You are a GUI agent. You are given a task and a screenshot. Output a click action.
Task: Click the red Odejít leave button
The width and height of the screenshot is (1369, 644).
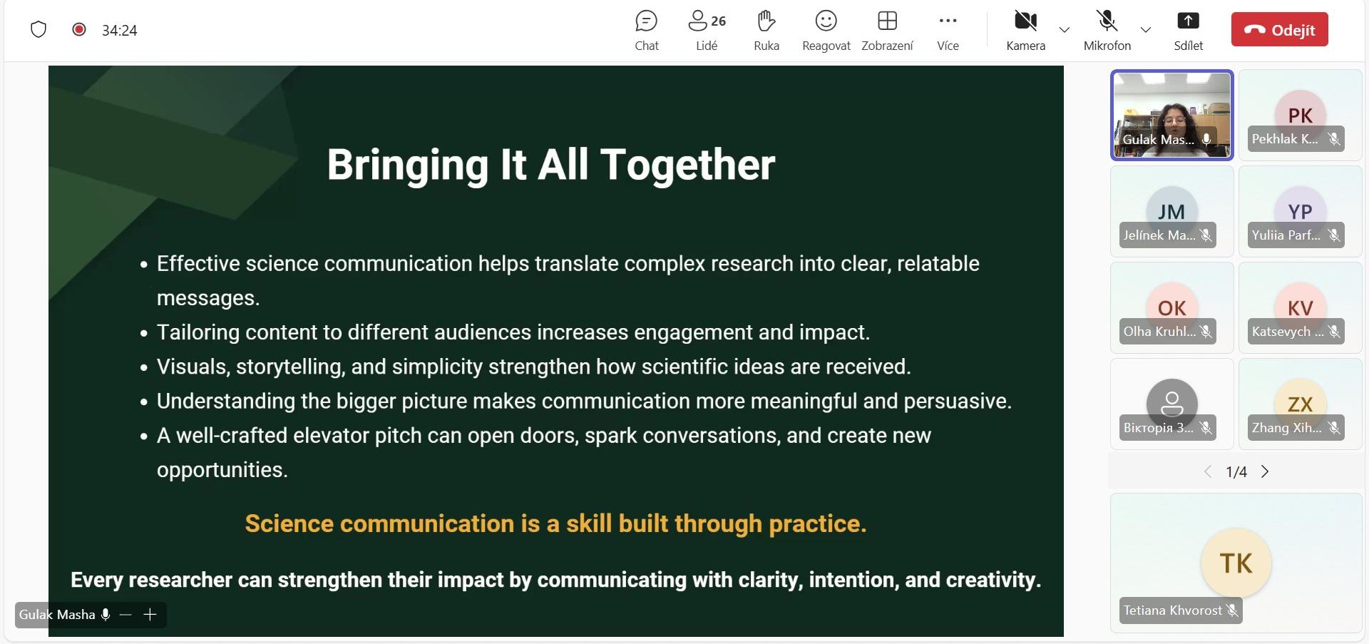click(x=1279, y=29)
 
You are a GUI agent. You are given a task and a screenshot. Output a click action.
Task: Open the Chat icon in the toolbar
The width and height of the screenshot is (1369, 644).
click(x=646, y=21)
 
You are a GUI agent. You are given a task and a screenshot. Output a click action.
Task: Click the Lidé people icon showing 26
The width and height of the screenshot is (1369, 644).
click(x=707, y=21)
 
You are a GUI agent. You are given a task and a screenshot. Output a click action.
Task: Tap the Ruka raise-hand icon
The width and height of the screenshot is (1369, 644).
click(x=766, y=21)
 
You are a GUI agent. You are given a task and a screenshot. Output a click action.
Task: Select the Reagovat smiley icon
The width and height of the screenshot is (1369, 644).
click(x=826, y=21)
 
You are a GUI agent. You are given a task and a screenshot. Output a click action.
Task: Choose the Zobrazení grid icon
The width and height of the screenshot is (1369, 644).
click(x=887, y=21)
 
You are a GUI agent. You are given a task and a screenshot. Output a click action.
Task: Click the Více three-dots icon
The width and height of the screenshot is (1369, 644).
click(x=948, y=21)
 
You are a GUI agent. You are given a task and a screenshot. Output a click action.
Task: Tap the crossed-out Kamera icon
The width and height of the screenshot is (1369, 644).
click(x=1025, y=21)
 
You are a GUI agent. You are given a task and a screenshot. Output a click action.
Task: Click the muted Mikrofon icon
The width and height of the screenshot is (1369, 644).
click(x=1107, y=21)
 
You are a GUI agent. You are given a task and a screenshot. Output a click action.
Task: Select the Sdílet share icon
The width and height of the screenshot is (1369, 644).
click(x=1188, y=21)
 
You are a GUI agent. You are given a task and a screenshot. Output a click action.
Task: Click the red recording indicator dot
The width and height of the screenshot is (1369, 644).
click(x=79, y=29)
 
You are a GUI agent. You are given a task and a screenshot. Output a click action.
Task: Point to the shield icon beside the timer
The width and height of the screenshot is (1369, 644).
click(x=39, y=29)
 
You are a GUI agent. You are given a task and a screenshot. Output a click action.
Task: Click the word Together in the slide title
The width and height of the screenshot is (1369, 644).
click(x=687, y=165)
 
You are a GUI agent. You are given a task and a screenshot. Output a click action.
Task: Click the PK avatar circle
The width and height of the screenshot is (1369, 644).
click(x=1300, y=115)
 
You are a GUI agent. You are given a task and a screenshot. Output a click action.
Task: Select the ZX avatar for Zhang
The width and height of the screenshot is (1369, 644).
click(x=1300, y=404)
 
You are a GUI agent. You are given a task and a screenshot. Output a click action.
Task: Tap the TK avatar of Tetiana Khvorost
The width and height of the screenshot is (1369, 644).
click(x=1236, y=563)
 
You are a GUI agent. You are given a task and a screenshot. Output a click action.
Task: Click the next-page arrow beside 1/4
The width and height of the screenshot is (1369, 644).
click(x=1265, y=471)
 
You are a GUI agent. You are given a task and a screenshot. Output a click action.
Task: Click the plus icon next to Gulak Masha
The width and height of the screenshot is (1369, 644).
click(x=150, y=614)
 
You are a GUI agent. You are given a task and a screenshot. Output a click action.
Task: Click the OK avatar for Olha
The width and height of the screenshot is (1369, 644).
click(x=1171, y=307)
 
